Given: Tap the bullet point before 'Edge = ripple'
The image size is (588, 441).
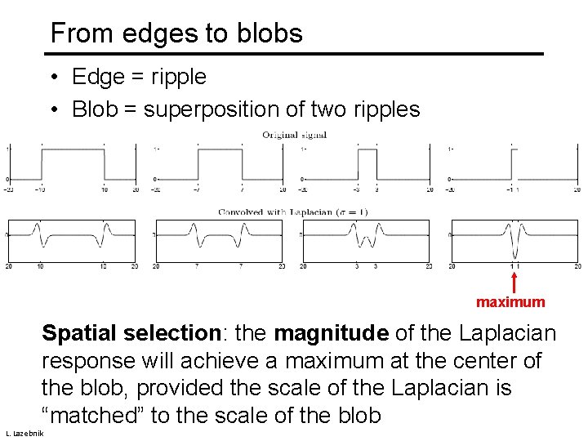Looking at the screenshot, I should tap(52, 78).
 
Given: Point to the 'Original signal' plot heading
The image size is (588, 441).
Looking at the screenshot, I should tap(294, 135).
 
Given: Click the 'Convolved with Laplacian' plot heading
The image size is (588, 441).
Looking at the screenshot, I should tap(292, 212).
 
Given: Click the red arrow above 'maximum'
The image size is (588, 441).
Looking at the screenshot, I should tap(514, 282).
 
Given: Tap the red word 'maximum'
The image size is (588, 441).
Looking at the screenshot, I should tap(510, 302).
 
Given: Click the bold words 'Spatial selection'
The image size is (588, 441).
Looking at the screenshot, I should tap(130, 333).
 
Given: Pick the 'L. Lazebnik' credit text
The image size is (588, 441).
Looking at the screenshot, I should tap(24, 431).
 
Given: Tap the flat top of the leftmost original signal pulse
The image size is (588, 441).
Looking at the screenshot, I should tap(72, 149).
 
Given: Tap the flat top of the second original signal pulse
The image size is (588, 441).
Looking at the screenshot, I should tap(220, 149).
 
